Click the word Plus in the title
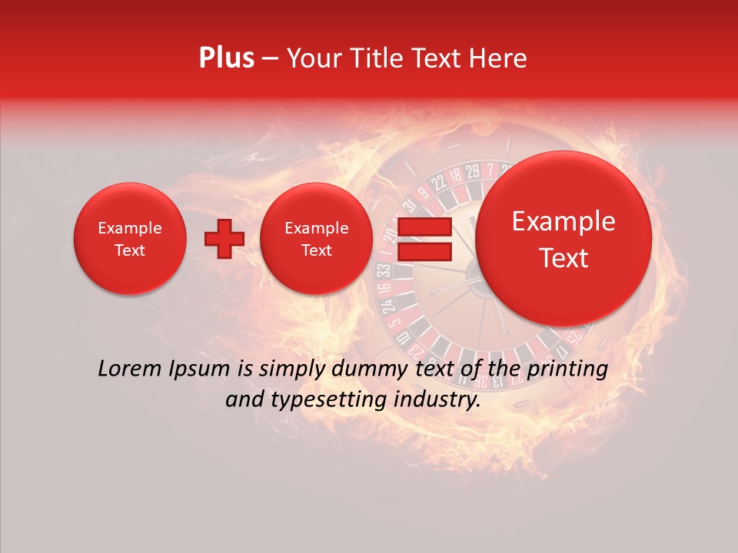226,58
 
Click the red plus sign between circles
224,239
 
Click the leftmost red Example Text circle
130,239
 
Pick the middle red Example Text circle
317,239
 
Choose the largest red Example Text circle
563,239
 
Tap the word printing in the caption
568,369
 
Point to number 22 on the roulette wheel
439,182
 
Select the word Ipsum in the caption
203,369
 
